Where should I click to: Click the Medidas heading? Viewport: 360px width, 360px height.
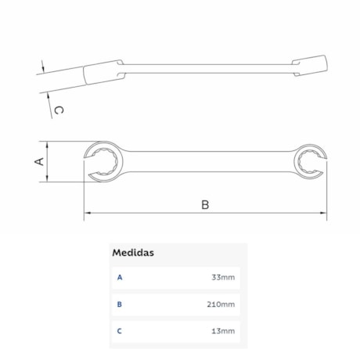coord(132,253)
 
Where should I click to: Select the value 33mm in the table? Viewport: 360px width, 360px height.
coord(224,278)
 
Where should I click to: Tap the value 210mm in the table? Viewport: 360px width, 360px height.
coord(222,304)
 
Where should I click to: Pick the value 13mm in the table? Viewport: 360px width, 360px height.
coord(224,332)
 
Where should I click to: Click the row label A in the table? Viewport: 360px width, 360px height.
coord(119,278)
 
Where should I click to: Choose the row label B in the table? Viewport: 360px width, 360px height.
coord(119,304)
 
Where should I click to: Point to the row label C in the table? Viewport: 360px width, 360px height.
coord(119,332)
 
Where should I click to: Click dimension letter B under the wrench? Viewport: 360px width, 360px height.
coord(205,205)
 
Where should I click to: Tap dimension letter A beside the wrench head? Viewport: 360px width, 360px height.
coord(38,161)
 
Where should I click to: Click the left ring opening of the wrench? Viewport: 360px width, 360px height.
coord(103,161)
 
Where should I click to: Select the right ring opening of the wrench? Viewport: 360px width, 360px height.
coord(307,162)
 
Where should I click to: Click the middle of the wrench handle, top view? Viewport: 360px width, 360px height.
coord(205,161)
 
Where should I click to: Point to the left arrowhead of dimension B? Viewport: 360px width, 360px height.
coord(87,213)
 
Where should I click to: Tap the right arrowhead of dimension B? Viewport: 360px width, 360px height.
coord(322,213)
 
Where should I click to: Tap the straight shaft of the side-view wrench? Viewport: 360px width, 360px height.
coord(205,69)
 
